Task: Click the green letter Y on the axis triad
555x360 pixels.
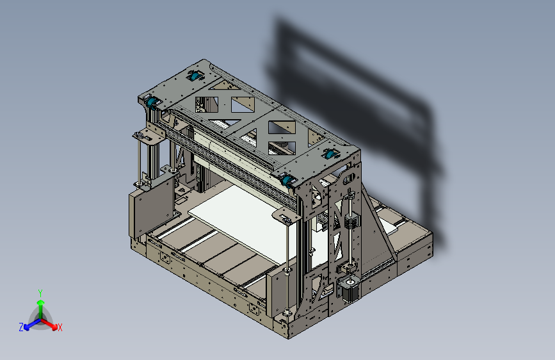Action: tap(40, 292)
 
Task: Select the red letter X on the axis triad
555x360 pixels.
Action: tap(60, 328)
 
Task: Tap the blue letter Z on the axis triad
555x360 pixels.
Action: tap(21, 327)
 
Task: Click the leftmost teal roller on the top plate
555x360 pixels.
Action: tap(152, 102)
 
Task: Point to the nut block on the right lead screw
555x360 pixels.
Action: tap(351, 221)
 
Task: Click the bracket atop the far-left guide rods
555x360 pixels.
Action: tap(147, 135)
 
